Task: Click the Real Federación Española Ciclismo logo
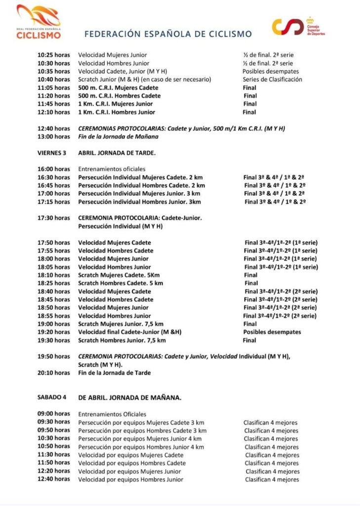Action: (39, 22)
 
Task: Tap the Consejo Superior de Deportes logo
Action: (299, 26)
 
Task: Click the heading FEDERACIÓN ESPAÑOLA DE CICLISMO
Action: (168, 34)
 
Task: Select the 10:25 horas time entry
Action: (54, 55)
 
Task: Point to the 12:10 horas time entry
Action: (54, 112)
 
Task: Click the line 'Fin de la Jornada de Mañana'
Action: (119, 136)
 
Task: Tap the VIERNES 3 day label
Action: (52, 153)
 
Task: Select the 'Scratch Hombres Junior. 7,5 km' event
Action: (122, 340)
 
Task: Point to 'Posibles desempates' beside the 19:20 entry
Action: (272, 332)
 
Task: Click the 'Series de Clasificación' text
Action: (272, 80)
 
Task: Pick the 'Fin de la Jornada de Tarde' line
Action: (115, 373)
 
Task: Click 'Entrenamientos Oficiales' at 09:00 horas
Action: (112, 414)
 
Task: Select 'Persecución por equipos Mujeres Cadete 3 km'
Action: (141, 422)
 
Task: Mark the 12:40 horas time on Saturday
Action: (54, 479)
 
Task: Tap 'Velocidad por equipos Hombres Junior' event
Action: (131, 479)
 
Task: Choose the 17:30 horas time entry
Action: (54, 217)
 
